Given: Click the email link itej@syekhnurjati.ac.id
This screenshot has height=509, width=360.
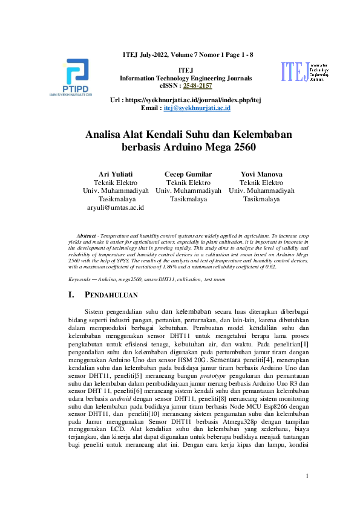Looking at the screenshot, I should point(197,108).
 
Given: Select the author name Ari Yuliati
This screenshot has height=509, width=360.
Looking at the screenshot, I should point(116,174).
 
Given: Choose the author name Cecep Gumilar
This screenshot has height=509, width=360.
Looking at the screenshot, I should point(188,174).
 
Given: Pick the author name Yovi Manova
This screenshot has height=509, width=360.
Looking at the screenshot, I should point(261,174).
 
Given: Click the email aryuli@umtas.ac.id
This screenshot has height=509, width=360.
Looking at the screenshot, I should point(116,207).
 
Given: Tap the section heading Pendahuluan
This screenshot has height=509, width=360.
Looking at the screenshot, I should point(113,296).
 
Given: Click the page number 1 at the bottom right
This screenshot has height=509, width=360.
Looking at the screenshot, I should point(308,476).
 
